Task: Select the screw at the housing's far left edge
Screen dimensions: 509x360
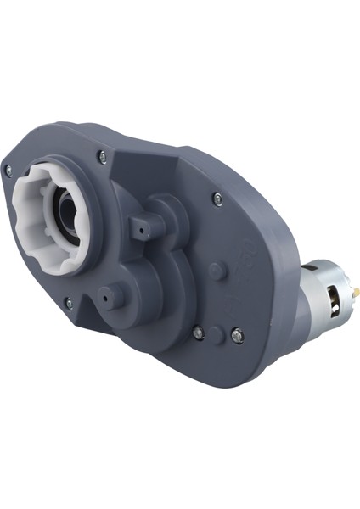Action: [9, 171]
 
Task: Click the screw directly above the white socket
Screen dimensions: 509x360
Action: [102, 155]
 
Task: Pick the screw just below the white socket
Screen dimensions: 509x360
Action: [70, 301]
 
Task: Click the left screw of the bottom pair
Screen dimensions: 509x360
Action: [198, 333]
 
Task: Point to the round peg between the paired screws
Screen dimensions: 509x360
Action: [217, 332]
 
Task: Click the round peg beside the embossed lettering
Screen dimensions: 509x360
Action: [217, 271]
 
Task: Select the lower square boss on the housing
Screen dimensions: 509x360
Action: [113, 296]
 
